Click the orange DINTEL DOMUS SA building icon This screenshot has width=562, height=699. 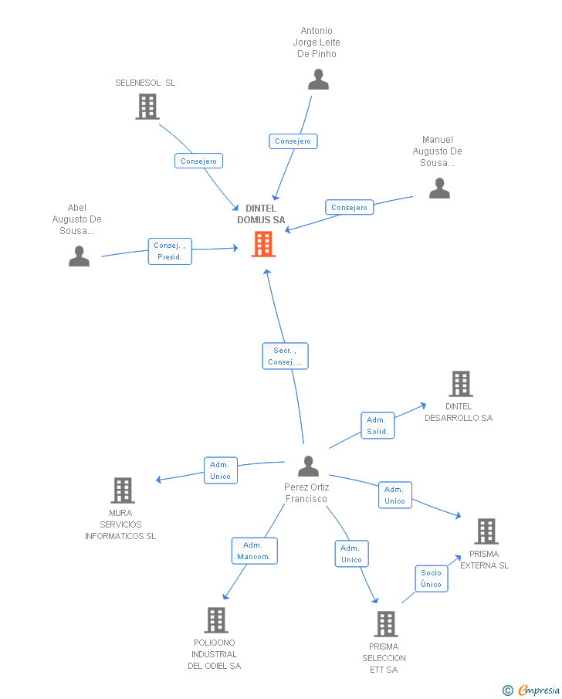tap(263, 244)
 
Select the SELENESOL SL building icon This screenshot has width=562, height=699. tap(147, 107)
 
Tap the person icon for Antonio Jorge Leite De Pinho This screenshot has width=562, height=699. tap(318, 80)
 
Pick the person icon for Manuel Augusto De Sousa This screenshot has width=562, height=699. tap(439, 188)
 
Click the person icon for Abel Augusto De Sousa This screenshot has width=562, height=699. tap(79, 256)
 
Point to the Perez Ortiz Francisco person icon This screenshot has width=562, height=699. tap(308, 467)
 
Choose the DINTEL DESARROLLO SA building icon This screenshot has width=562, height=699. tap(460, 384)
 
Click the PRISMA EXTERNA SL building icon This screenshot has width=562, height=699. tap(486, 531)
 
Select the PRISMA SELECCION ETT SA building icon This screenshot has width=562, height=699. tap(385, 623)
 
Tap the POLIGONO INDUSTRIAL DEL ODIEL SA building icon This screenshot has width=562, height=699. tap(216, 619)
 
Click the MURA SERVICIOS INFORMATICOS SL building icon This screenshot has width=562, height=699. tap(123, 490)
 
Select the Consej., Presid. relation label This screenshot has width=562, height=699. tap(170, 251)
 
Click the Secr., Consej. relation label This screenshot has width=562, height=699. tap(285, 356)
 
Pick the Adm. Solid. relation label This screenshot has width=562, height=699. tap(377, 426)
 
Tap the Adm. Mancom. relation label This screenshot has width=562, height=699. tap(254, 551)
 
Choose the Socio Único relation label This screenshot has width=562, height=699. tap(432, 579)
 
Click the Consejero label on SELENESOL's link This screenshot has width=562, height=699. tap(199, 161)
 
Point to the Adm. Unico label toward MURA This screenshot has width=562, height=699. tap(220, 470)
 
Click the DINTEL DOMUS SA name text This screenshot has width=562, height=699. tap(261, 214)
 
